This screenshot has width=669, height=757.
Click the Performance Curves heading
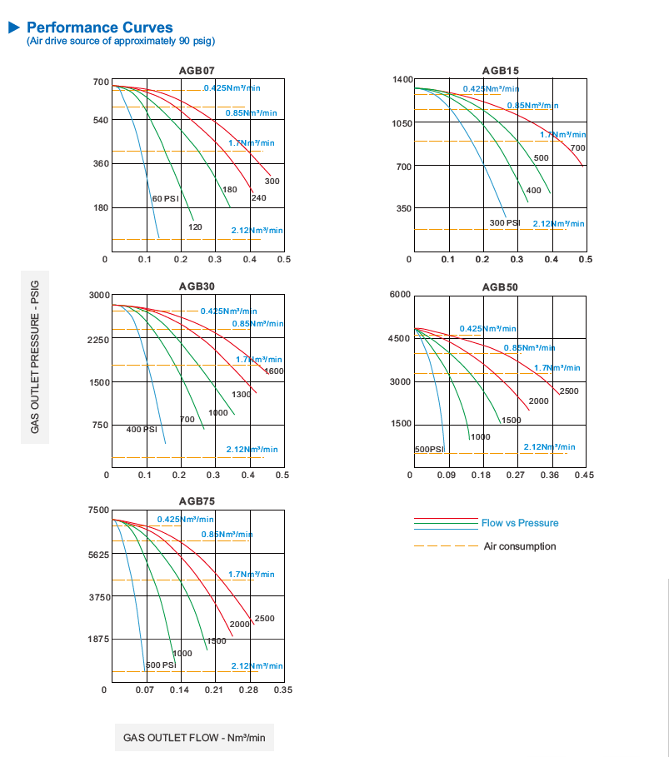pos(99,27)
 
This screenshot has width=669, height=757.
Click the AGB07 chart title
pos(197,71)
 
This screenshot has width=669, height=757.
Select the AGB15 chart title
pos(500,70)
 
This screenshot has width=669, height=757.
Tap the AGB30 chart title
pos(197,286)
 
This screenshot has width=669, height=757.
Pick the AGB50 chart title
pos(500,287)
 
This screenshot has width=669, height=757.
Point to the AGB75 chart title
pos(197,501)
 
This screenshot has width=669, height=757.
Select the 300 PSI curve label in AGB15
pos(505,222)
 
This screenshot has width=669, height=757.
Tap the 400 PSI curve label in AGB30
pos(142,430)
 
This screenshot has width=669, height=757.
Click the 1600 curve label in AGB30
pos(274,371)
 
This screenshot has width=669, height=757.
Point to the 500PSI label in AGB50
pos(429,450)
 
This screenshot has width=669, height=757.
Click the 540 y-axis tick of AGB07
pos(100,121)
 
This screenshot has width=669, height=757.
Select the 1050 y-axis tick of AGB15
pos(402,123)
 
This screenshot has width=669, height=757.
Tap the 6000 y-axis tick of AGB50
pos(401,296)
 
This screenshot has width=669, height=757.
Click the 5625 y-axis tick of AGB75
pos(98,555)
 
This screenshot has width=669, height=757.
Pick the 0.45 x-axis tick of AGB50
pos(584,476)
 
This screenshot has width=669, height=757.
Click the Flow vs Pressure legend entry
pos(520,523)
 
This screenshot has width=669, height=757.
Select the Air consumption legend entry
pos(520,546)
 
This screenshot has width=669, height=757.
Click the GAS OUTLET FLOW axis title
pos(194,738)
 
